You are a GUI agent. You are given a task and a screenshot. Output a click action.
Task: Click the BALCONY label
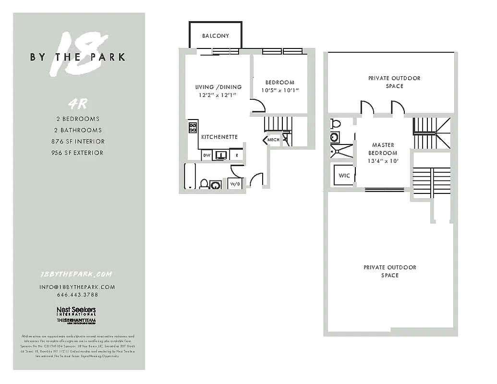coord(216,36)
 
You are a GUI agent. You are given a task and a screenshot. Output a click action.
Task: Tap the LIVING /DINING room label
coord(218,87)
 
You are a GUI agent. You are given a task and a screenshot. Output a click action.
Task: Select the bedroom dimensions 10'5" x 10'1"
coord(279,90)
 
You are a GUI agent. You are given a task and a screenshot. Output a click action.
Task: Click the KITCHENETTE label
coord(219,137)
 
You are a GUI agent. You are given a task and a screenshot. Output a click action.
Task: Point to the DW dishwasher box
coord(207,155)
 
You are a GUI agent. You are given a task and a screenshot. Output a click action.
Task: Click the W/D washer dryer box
coord(235,184)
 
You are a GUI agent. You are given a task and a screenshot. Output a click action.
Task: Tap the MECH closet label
coord(273,140)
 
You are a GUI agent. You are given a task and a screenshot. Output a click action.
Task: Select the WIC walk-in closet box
coord(344,176)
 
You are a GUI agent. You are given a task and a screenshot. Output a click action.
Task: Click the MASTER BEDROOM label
coord(383,149)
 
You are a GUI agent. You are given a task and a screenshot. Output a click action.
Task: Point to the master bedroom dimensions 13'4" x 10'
coord(383,161)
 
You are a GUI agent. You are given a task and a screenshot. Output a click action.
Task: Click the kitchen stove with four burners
coord(193,127)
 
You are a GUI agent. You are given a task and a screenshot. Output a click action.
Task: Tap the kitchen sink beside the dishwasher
coord(222,155)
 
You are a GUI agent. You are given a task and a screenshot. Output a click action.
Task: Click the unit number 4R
coord(79,103)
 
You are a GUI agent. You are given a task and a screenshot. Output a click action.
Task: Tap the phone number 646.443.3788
coord(77,295)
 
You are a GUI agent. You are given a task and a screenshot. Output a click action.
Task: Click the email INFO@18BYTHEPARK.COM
coord(77,287)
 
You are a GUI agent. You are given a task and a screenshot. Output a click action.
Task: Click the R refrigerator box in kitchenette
coord(236,155)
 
